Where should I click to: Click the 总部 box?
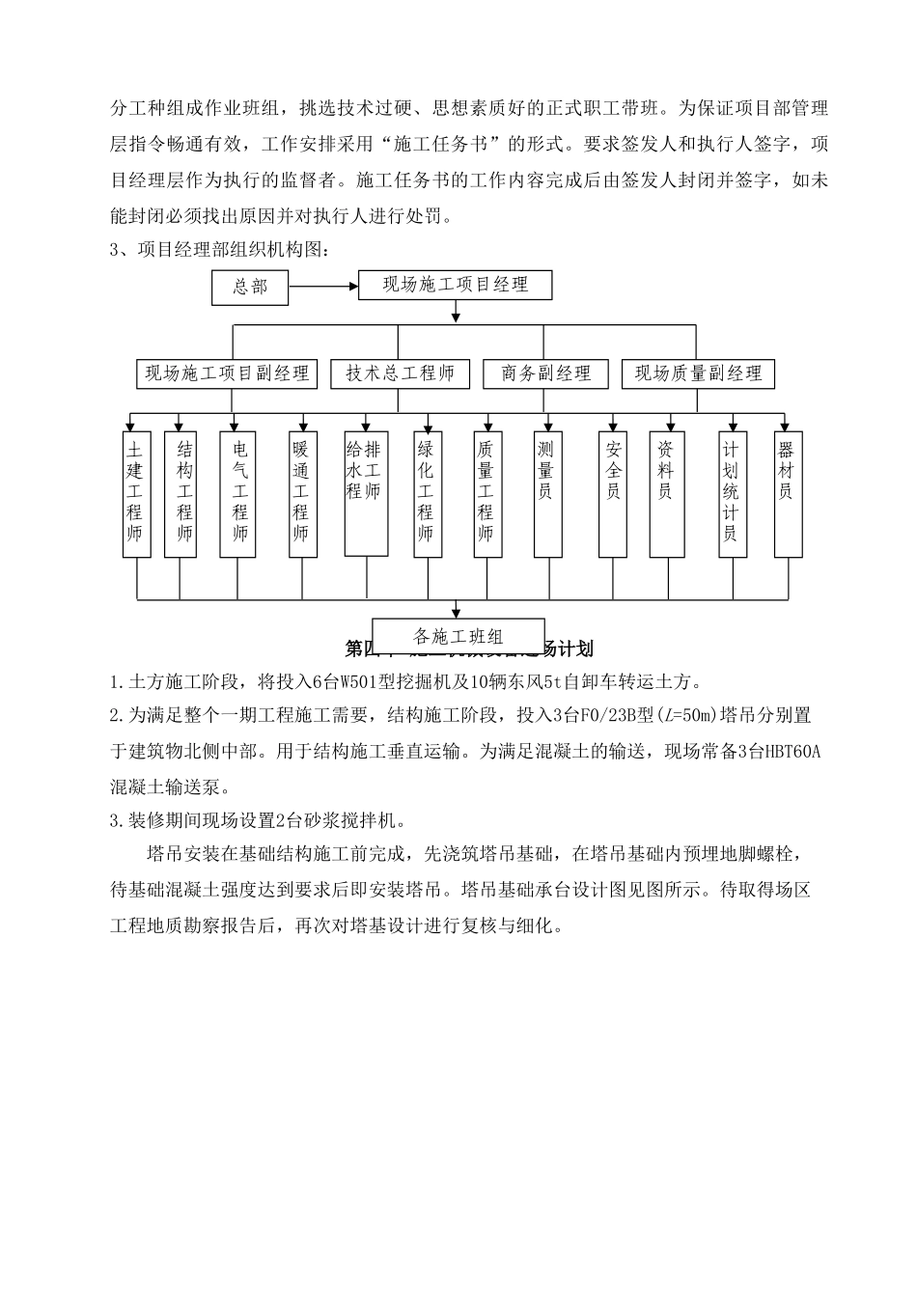[250, 287]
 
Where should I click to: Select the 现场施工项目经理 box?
[456, 285]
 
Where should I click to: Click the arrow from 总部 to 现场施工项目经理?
[322, 287]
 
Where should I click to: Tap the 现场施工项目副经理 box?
[228, 373]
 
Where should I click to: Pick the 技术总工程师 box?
[400, 373]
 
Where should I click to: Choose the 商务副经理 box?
[546, 373]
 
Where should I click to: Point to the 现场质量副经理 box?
[699, 373]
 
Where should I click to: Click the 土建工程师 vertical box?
[136, 493]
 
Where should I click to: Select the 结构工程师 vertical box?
[181, 493]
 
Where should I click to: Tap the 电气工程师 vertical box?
[237, 493]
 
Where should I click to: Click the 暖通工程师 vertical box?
[302, 493]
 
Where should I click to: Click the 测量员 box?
[547, 493]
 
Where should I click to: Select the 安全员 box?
[613, 493]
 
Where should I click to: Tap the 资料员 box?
[667, 493]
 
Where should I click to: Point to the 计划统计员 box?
[733, 493]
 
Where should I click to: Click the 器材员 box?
[788, 493]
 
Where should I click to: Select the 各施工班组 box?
[458, 636]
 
